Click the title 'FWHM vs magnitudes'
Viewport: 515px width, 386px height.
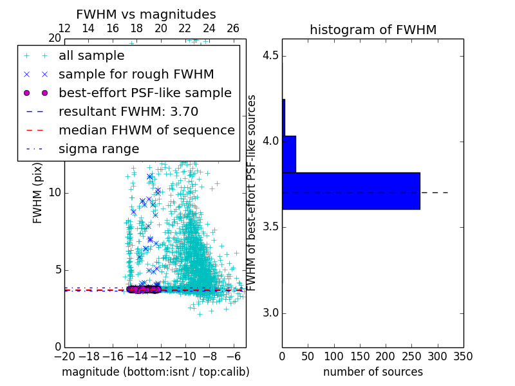[146, 14]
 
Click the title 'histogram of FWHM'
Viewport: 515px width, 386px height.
[373, 30]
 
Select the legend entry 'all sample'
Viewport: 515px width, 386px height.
[91, 55]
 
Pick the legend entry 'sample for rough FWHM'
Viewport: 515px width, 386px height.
[136, 74]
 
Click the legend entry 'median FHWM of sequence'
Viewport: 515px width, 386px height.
[146, 130]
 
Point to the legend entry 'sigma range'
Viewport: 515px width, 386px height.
[98, 149]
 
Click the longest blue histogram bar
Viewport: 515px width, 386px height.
[351, 191]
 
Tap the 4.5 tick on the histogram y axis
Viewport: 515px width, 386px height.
[270, 55]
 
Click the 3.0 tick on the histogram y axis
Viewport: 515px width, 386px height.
[270, 313]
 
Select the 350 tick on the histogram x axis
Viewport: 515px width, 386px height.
[464, 355]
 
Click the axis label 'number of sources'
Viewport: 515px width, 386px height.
[373, 372]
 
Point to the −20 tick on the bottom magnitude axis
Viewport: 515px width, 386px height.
[64, 355]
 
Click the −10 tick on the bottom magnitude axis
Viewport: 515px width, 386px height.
[185, 355]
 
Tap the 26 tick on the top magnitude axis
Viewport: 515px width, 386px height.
[233, 28]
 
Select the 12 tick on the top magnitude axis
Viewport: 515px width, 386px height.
[64, 28]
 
